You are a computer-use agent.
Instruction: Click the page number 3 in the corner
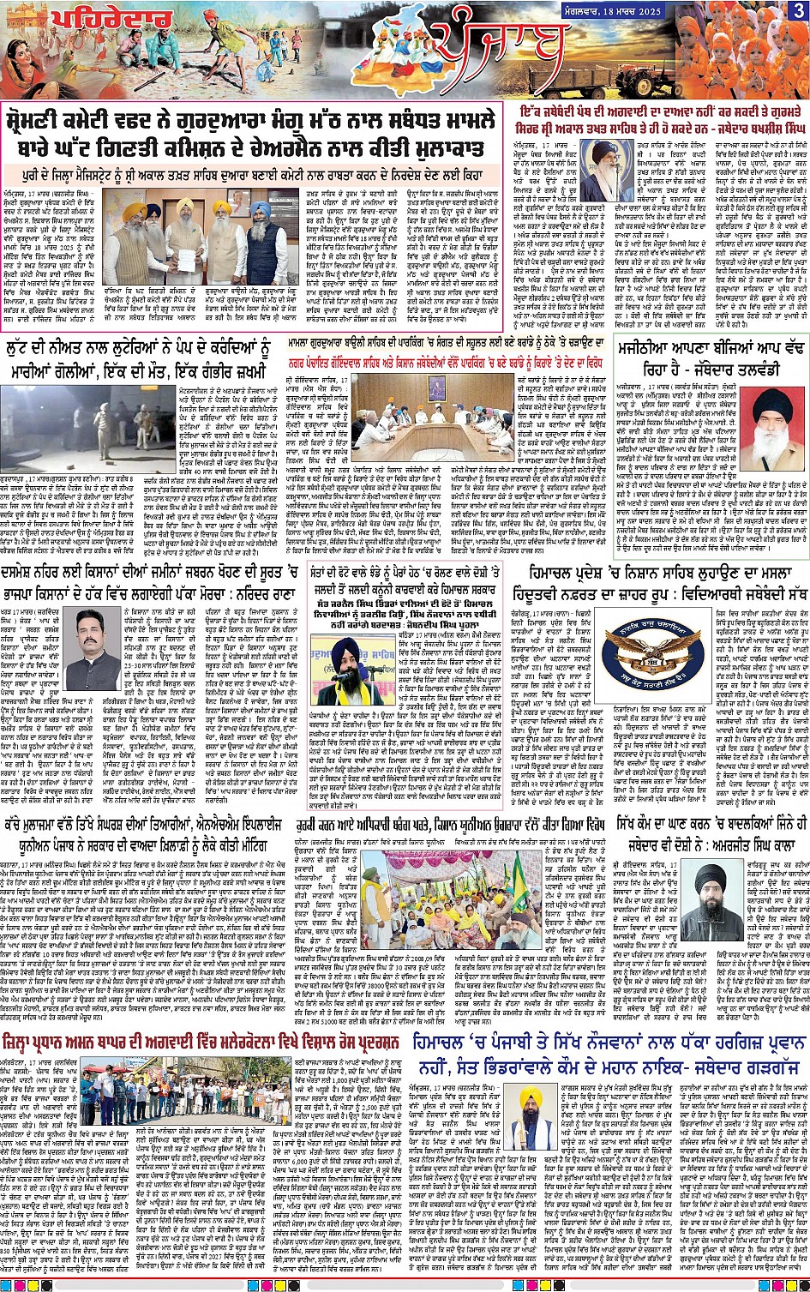click(x=798, y=10)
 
